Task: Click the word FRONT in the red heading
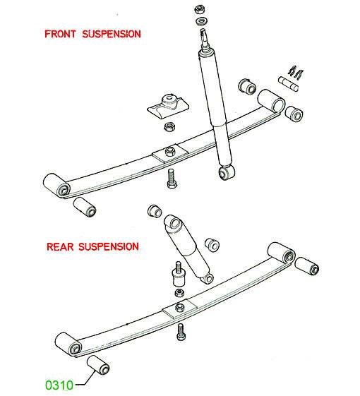point(60,34)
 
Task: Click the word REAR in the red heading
point(60,246)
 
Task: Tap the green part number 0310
point(59,385)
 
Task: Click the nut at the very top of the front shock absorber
point(200,10)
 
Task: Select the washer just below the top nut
point(201,21)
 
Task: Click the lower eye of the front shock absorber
point(227,172)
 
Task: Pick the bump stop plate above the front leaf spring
point(168,105)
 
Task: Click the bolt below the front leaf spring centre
point(172,179)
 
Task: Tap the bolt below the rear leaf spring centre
point(181,332)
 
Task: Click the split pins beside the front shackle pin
point(296,72)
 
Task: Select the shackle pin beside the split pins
point(289,83)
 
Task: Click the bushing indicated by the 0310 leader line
point(98,365)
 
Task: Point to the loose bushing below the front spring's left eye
point(85,207)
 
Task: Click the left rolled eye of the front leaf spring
point(57,186)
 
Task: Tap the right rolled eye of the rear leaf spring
point(282,253)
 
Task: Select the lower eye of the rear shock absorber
point(208,278)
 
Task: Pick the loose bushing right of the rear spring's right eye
point(306,266)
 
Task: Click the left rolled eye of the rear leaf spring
point(68,344)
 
